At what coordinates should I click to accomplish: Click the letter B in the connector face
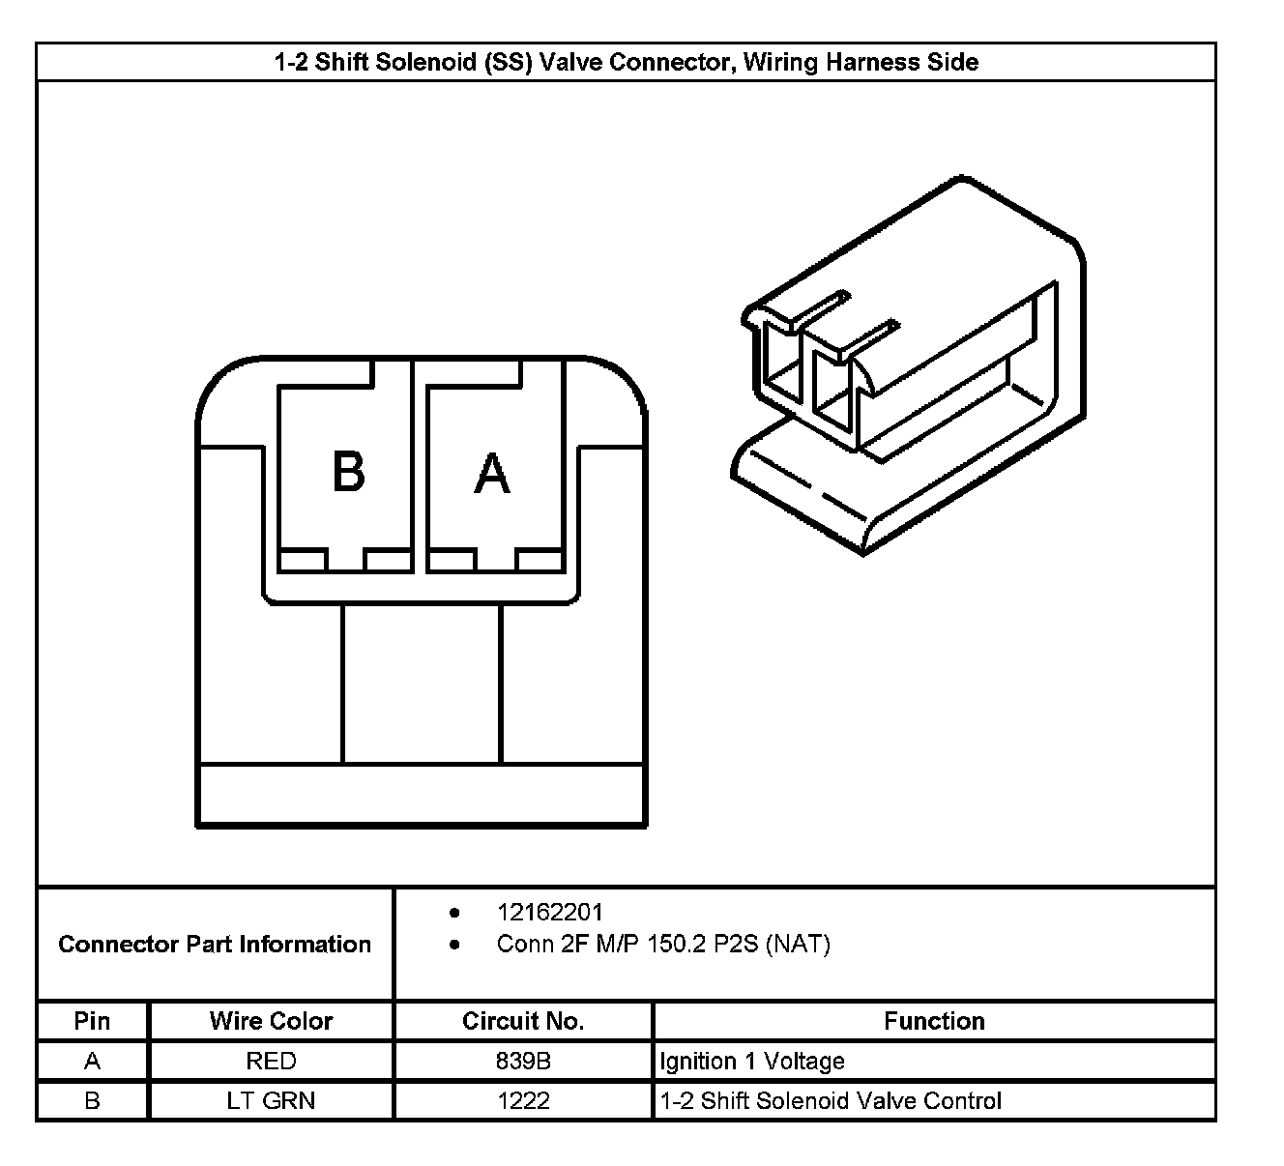click(348, 472)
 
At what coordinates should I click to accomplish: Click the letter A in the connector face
click(492, 473)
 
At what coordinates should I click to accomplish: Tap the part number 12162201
click(549, 912)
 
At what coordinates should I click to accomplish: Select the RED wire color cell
click(271, 1061)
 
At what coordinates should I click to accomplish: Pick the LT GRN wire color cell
click(271, 1100)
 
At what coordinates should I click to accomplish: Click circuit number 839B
click(523, 1061)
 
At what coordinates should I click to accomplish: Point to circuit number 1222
click(523, 1100)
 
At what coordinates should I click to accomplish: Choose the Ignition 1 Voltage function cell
click(752, 1061)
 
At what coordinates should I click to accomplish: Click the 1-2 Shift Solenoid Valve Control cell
click(831, 1100)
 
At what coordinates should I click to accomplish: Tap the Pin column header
click(92, 1021)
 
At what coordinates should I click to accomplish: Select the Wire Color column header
click(271, 1021)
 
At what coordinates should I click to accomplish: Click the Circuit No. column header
click(523, 1021)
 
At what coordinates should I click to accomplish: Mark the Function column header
click(934, 1021)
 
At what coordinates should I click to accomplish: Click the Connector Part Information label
click(215, 944)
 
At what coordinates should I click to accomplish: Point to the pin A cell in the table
click(92, 1061)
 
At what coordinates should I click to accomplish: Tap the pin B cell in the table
click(92, 1100)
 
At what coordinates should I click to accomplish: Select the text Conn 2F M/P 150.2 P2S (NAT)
click(663, 944)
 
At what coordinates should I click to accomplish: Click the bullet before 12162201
click(454, 912)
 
